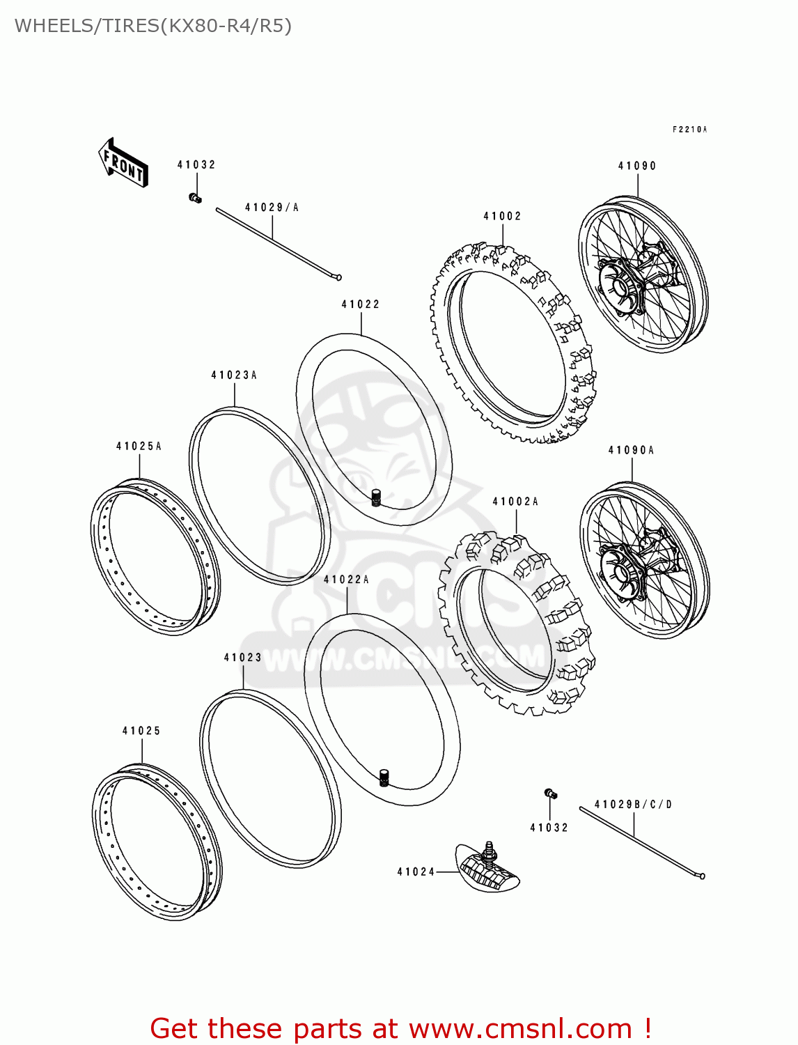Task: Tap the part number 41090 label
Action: coord(637,166)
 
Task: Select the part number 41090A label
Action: coord(631,451)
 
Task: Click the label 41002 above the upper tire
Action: coord(502,217)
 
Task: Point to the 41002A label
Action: coord(515,502)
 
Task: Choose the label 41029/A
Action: coord(272,208)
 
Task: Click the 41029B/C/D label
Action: coord(634,805)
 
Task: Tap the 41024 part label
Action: coord(416,872)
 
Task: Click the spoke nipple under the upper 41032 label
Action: coord(196,199)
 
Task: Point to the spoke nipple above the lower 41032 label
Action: coord(550,794)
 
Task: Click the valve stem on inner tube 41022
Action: coord(377,498)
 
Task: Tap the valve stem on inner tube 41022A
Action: coord(383,777)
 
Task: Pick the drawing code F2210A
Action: coord(689,130)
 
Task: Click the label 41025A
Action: coord(139,447)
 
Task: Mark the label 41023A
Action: coord(234,376)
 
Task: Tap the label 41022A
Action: coord(346,580)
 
